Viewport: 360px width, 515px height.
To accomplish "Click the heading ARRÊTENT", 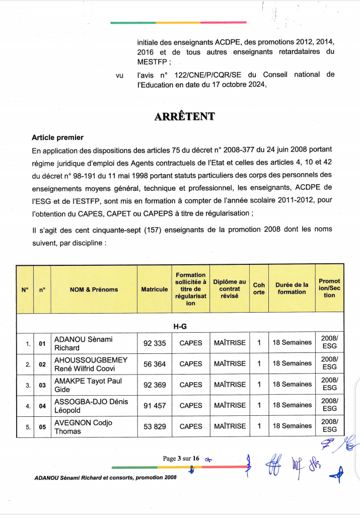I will click(x=184, y=117).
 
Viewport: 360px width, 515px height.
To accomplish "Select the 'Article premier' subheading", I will click(x=57, y=137).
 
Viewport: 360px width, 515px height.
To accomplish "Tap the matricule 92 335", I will click(x=155, y=343).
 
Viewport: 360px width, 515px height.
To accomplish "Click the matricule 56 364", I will click(x=155, y=363).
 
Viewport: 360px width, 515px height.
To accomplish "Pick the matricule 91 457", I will click(x=155, y=405).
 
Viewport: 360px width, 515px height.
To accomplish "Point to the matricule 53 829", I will click(x=155, y=426).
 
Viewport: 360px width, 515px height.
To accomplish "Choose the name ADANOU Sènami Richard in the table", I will click(x=83, y=343).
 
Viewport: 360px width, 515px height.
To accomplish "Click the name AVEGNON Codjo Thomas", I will click(x=83, y=426).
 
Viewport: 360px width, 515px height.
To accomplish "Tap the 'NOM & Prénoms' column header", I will click(x=94, y=289).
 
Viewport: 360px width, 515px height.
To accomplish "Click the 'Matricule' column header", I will click(x=155, y=289).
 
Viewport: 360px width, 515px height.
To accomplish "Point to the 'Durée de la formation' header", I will click(x=292, y=288).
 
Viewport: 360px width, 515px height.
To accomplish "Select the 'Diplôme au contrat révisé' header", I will click(x=230, y=289).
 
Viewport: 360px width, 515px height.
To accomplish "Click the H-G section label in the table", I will click(x=180, y=326).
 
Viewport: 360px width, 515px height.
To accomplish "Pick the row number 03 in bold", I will click(x=42, y=385).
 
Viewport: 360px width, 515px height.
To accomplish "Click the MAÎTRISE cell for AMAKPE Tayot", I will click(x=230, y=385).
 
